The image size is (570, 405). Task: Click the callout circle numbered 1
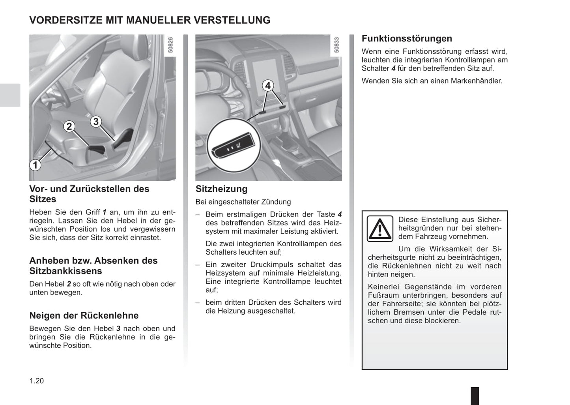point(35,165)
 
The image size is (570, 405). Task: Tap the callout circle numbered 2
point(69,126)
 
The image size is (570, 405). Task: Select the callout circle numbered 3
point(96,122)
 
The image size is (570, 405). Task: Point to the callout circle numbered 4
point(268,85)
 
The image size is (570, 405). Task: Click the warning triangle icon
point(380,229)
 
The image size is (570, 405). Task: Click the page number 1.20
point(37,381)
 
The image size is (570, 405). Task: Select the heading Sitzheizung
point(221,189)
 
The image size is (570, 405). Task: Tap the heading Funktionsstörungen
point(407,39)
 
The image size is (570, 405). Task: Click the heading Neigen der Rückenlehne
point(84,316)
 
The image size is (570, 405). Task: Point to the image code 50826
point(170,45)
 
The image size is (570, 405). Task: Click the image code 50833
point(336,45)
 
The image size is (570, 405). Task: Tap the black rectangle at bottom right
point(475,395)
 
